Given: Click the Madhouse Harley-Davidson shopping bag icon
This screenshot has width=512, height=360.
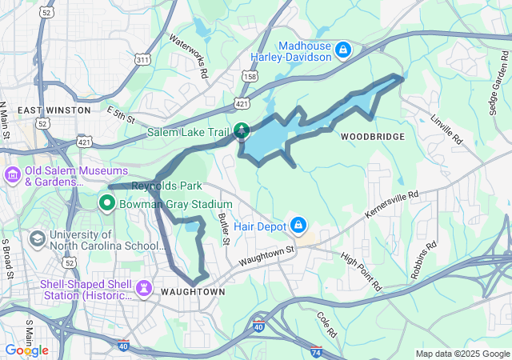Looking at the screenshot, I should tap(343, 50).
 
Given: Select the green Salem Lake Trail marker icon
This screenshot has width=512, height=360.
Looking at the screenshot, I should tap(241, 130).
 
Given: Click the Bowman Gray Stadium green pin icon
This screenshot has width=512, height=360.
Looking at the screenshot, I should tap(107, 204).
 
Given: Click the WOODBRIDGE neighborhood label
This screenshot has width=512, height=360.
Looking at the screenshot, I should tap(372, 137).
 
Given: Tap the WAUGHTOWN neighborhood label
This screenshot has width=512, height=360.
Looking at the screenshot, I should tap(193, 292).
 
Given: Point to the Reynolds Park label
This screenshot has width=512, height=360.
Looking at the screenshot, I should tap(166, 186).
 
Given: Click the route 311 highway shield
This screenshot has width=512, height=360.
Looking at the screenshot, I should tap(142, 60).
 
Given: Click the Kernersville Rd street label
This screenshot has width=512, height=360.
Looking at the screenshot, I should tap(392, 205).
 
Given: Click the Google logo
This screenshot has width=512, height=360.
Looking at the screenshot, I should tap(26, 350).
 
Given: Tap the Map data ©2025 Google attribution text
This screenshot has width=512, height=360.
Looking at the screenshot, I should tap(462, 354).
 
